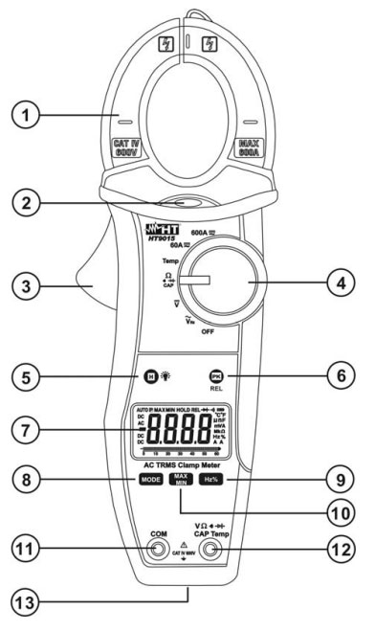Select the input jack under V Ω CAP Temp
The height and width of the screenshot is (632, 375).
[219, 553]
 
